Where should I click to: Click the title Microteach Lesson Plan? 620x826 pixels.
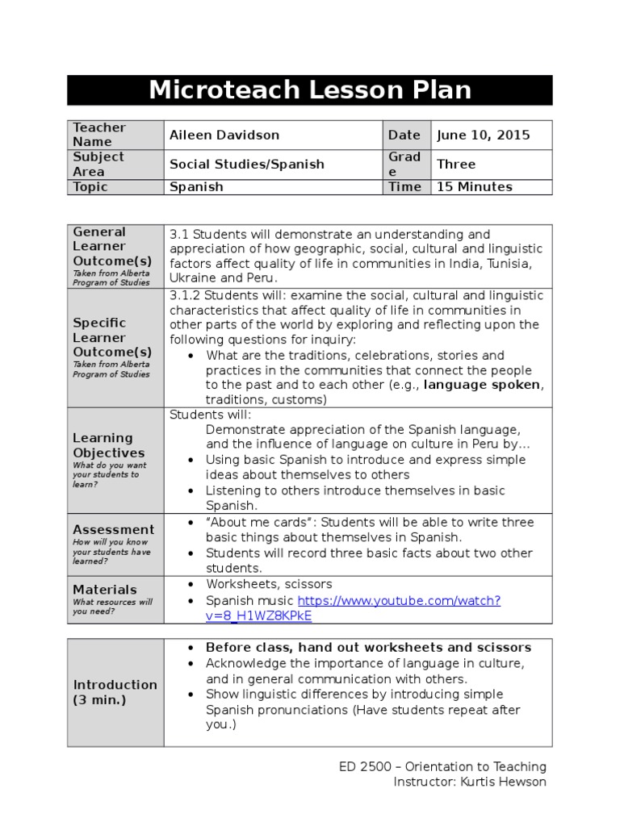[x=310, y=90]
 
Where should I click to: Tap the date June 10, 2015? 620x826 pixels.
[x=483, y=135]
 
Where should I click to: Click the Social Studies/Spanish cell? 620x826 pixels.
[x=246, y=164]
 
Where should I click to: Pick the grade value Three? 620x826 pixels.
[x=456, y=164]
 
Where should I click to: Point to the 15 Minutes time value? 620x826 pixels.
[x=474, y=186]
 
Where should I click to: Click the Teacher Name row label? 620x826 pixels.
[x=99, y=134]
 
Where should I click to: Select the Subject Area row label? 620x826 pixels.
[x=98, y=164]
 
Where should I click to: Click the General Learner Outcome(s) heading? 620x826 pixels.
[x=111, y=246]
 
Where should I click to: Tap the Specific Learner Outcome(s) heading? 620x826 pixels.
[x=111, y=337]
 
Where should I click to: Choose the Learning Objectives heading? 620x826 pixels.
[x=109, y=445]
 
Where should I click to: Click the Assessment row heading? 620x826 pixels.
[x=113, y=530]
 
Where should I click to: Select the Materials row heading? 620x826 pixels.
[x=105, y=590]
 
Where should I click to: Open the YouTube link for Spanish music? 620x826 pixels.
[x=399, y=601]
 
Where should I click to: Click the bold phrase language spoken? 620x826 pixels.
[x=482, y=385]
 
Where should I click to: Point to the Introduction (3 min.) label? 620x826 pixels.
[x=115, y=692]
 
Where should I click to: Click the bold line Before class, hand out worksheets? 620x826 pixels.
[x=368, y=647]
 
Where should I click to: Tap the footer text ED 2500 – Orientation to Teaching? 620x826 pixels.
[x=442, y=766]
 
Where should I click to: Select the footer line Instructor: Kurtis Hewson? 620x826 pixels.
[x=469, y=782]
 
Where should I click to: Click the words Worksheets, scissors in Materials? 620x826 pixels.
[x=269, y=584]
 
